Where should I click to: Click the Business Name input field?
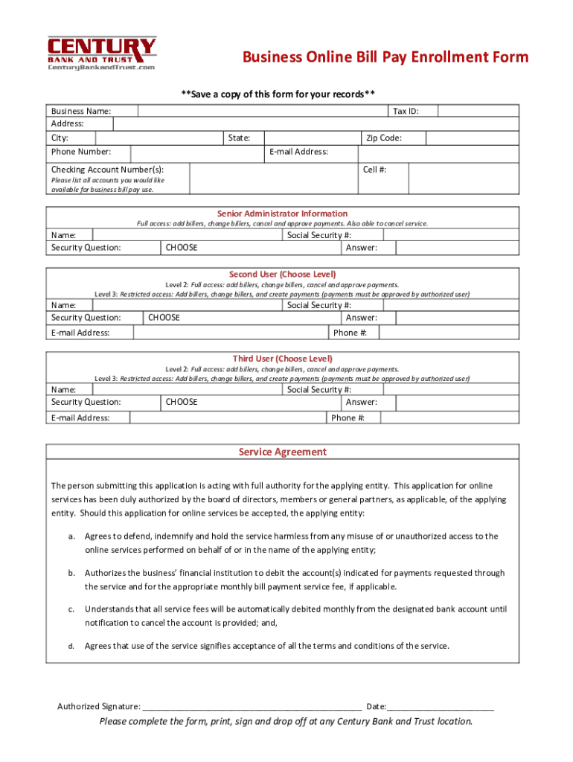click(262, 111)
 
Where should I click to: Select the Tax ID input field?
click(478, 111)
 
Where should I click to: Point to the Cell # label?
click(374, 170)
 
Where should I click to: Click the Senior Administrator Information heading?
click(282, 214)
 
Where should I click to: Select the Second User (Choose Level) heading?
click(282, 274)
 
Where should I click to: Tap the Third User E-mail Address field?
click(227, 417)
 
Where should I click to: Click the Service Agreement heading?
click(282, 452)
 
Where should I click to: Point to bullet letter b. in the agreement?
click(71, 573)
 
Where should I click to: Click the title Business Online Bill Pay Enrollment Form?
click(385, 57)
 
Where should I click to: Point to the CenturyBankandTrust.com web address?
click(101, 68)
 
